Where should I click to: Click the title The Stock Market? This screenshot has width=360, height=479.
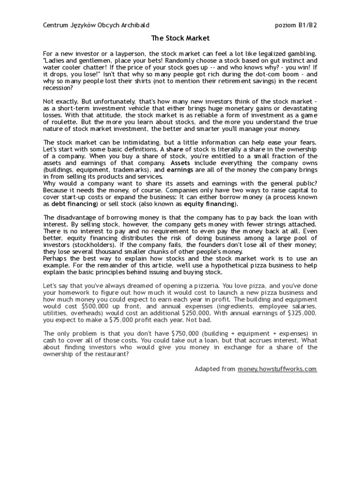click(x=180, y=38)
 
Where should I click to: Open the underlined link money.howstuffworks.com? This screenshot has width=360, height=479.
click(x=277, y=369)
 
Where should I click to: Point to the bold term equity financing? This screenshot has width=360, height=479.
click(x=210, y=204)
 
